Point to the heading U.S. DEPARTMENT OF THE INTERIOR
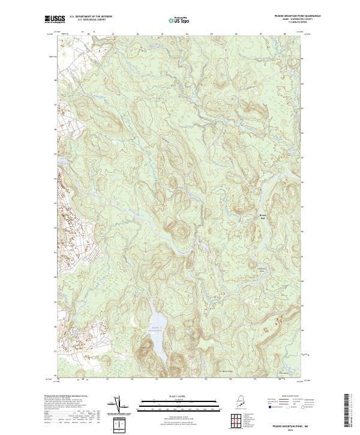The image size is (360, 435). tap(91, 16)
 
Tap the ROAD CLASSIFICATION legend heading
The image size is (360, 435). tap(287, 396)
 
